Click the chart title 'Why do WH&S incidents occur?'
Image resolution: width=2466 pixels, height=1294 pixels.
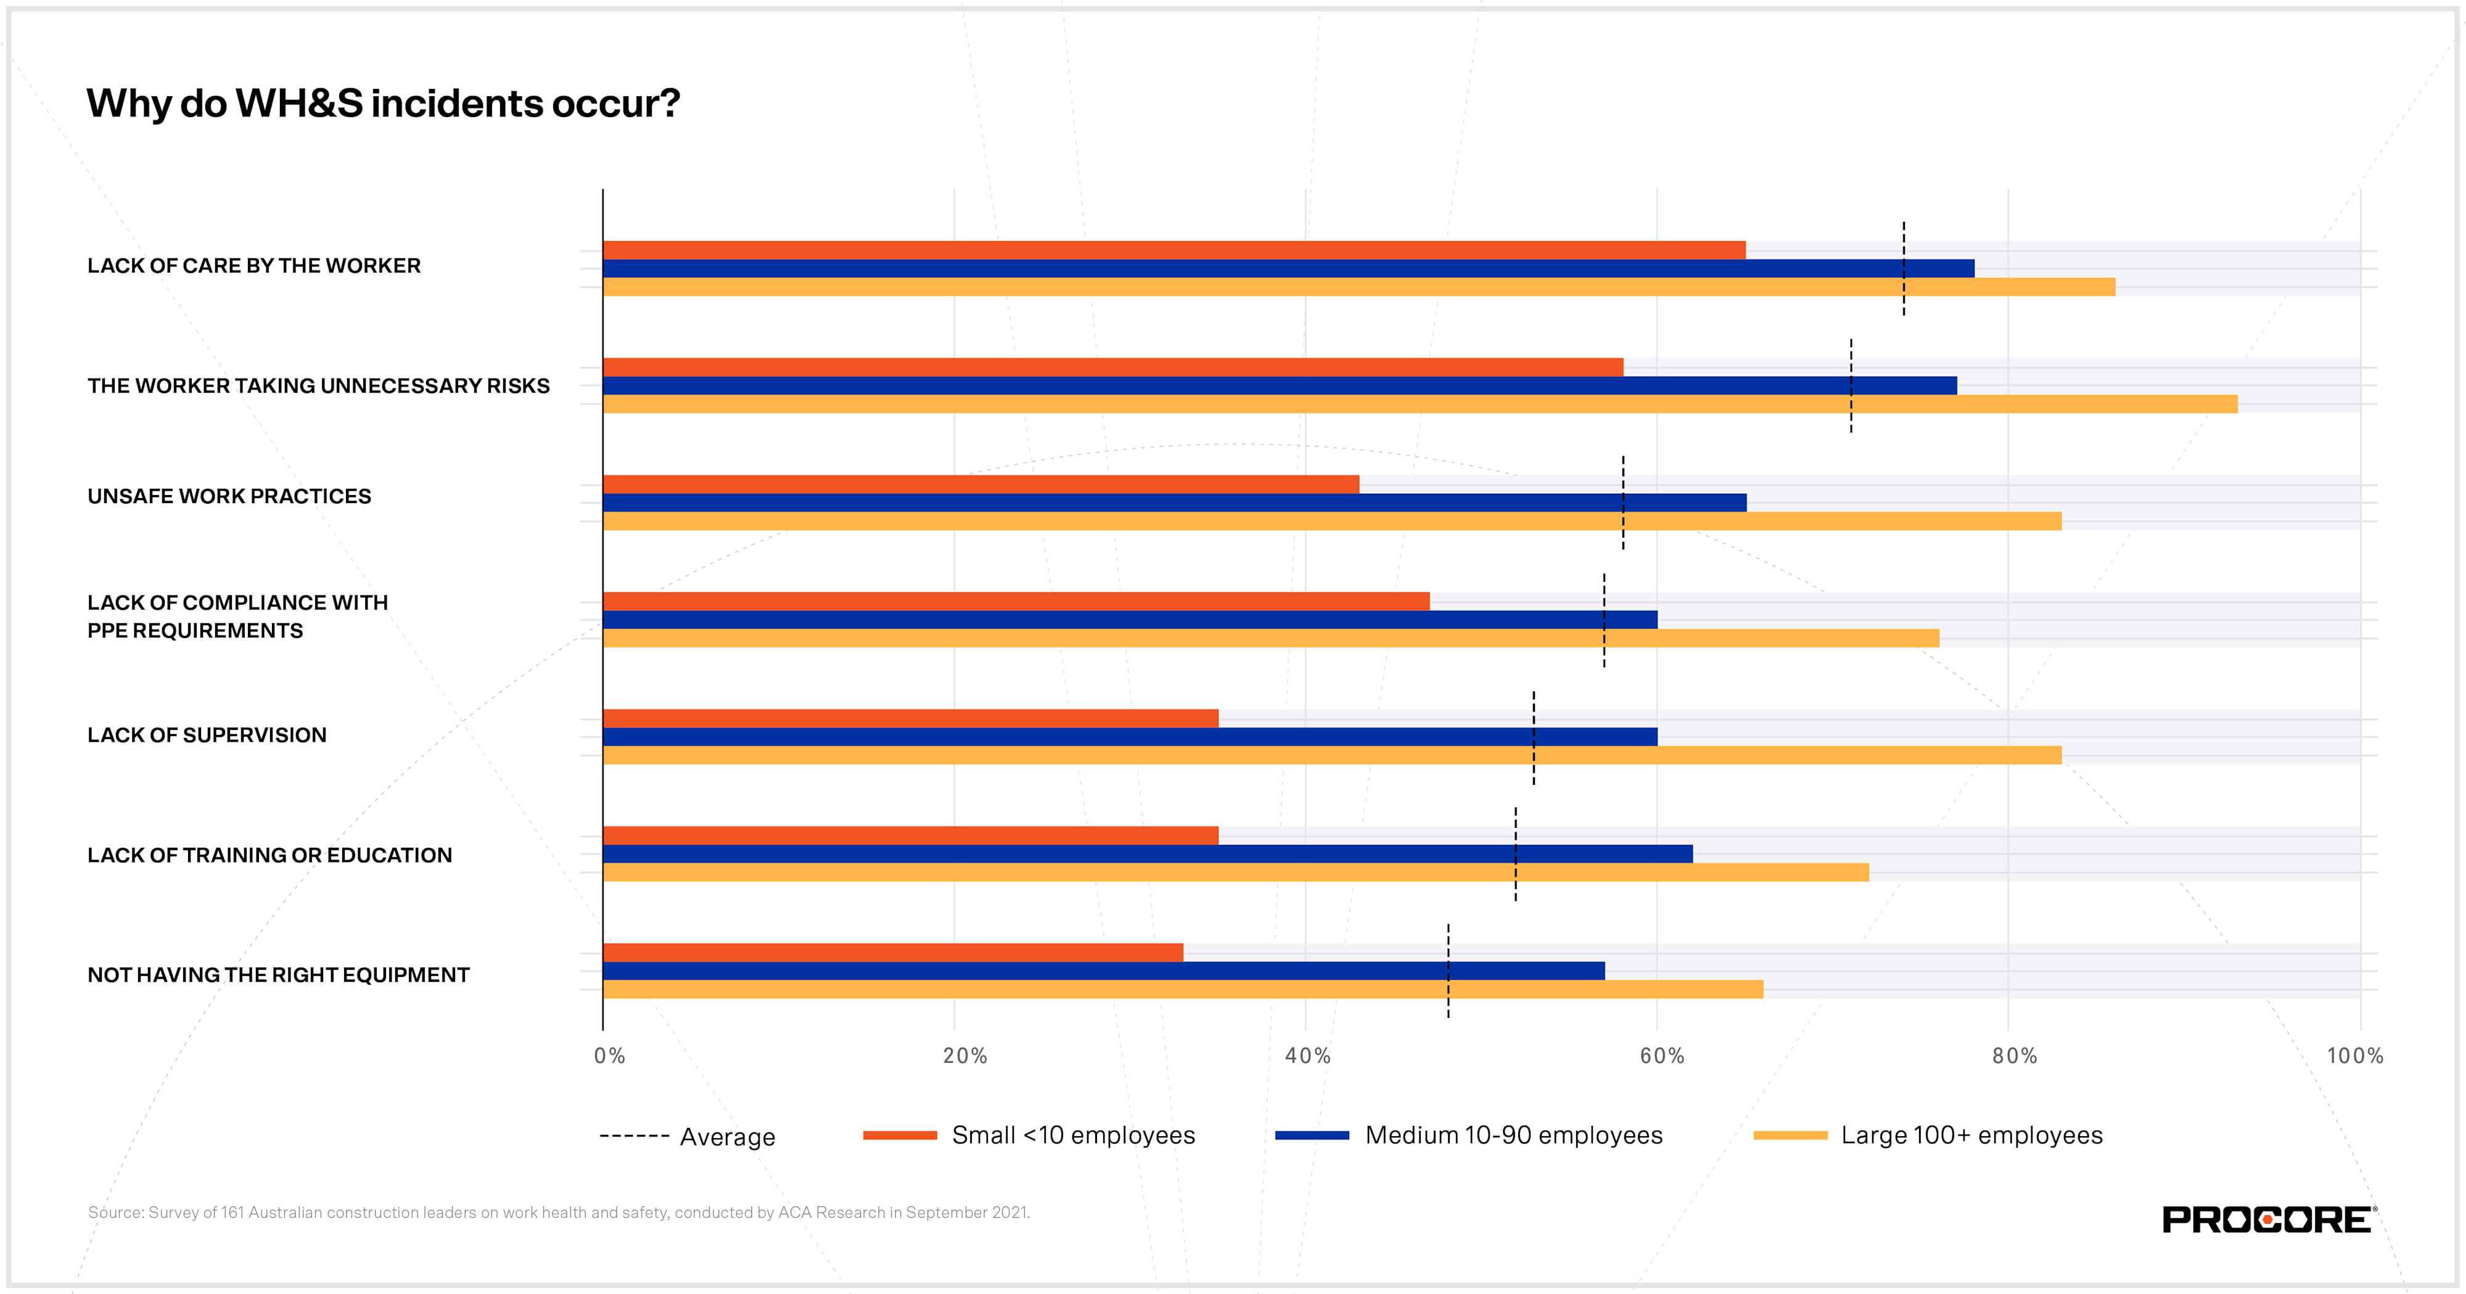pos(383,104)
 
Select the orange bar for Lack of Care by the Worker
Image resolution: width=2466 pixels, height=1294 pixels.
pos(1173,250)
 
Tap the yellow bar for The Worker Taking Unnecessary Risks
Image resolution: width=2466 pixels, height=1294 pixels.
pos(1420,404)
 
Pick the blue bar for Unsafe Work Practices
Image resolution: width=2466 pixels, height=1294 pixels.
pos(1173,502)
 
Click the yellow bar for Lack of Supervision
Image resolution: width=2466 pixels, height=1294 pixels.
pos(1331,755)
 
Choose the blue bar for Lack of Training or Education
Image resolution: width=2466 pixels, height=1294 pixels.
pos(1147,854)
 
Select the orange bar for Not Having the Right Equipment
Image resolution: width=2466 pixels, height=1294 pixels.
pos(892,952)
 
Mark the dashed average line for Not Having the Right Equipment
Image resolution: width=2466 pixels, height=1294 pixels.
pos(1449,943)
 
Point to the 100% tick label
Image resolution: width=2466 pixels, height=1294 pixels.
pos(2354,1055)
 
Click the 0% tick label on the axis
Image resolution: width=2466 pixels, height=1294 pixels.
pos(609,1055)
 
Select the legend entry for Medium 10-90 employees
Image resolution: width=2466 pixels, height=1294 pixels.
pos(1513,1135)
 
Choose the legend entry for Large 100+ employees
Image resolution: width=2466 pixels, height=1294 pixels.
pos(1970,1135)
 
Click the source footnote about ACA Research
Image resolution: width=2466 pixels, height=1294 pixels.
pos(558,1213)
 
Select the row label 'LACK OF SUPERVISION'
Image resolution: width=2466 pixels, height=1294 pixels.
pos(207,735)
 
